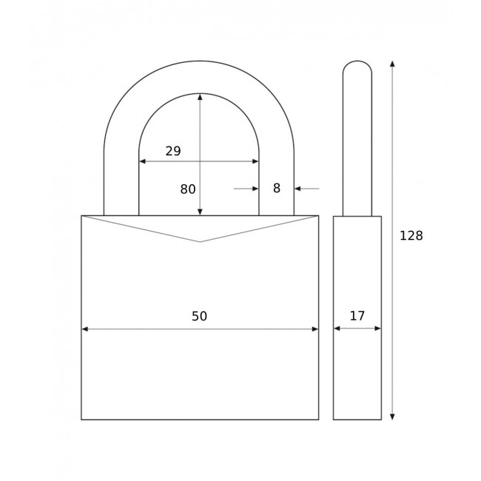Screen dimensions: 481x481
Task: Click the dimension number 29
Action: coord(173,151)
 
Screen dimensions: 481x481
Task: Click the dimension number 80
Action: coord(188,189)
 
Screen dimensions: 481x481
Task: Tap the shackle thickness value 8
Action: coord(277,189)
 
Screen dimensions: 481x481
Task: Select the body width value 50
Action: coord(199,316)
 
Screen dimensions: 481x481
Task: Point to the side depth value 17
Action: coord(357,316)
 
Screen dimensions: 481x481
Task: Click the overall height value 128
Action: coord(411,236)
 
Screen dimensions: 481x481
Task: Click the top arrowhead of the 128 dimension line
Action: coord(392,64)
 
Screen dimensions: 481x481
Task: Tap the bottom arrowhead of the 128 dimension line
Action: coord(392,417)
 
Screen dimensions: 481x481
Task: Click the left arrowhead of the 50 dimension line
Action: coord(85,329)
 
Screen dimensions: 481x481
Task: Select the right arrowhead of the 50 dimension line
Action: coord(314,329)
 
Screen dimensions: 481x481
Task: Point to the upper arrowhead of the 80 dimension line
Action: coord(200,97)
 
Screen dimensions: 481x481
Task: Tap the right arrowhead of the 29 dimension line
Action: coord(255,161)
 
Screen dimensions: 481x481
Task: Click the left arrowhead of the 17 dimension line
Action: coord(337,329)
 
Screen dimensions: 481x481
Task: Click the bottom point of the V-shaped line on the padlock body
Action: coord(200,241)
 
